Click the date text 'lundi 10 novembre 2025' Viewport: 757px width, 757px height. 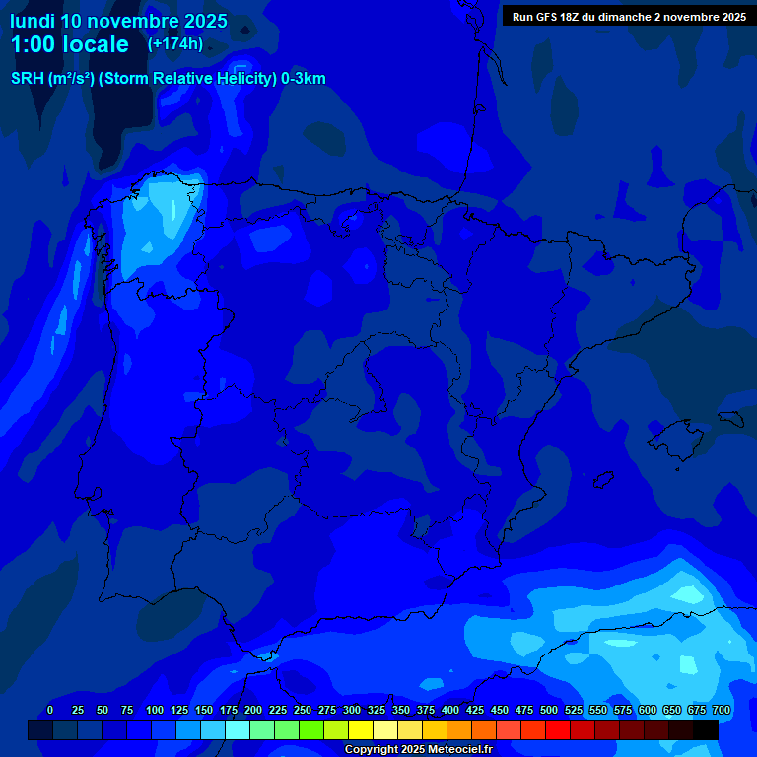118,21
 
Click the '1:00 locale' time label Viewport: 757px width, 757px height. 70,44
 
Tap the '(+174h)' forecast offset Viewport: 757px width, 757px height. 175,43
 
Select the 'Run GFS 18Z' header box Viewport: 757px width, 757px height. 629,17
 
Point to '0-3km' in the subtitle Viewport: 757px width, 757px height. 304,79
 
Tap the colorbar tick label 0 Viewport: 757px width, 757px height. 50,710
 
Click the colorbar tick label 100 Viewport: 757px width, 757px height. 155,710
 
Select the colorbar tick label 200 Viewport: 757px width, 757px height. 253,710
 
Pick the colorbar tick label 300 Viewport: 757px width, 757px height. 352,710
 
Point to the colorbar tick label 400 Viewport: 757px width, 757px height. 450,710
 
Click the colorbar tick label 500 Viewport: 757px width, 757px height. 549,710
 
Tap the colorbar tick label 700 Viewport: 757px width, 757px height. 722,710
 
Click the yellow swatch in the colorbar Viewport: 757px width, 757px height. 361,730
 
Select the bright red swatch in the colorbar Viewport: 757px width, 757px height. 558,730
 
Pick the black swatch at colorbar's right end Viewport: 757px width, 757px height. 706,730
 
